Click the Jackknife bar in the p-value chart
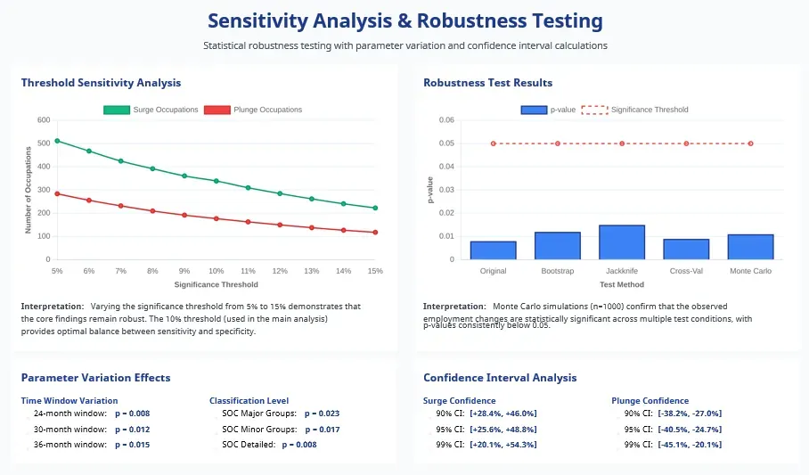[622, 242]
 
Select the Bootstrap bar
[558, 246]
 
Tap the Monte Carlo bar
[750, 247]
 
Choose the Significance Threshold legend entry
[634, 110]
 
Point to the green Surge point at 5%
[57, 141]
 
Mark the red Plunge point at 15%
[375, 233]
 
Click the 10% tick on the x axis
[217, 270]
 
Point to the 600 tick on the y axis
[44, 120]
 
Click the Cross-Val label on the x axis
[686, 270]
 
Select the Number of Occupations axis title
[29, 190]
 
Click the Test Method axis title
[622, 285]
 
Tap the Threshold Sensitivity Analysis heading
[101, 83]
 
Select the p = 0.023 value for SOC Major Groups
[322, 414]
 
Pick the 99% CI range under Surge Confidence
[503, 445]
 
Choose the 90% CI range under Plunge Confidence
[690, 414]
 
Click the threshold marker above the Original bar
[494, 143]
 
